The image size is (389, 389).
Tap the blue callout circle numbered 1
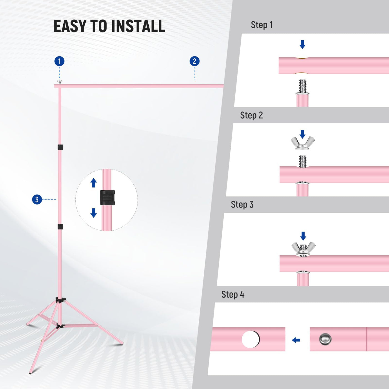pyautogui.click(x=59, y=61)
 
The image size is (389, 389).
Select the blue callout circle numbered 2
pyautogui.click(x=194, y=61)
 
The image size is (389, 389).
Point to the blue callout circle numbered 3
pyautogui.click(x=37, y=199)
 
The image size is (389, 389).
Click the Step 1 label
pyautogui.click(x=261, y=25)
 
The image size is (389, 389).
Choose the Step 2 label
pyautogui.click(x=251, y=115)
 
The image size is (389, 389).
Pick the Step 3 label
pyautogui.click(x=242, y=205)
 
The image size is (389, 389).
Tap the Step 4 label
pyautogui.click(x=233, y=295)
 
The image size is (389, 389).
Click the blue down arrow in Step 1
pyautogui.click(x=302, y=44)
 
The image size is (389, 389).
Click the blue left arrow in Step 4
pyautogui.click(x=296, y=340)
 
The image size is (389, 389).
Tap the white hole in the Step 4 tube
pyautogui.click(x=250, y=339)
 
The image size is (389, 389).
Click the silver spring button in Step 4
pyautogui.click(x=325, y=339)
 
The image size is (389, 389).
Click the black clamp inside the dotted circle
pyautogui.click(x=107, y=198)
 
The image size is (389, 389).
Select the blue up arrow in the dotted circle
pyautogui.click(x=94, y=183)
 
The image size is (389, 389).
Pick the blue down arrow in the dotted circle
pyautogui.click(x=94, y=213)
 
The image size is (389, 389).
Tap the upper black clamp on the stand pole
pyautogui.click(x=60, y=147)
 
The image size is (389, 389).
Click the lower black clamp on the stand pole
pyautogui.click(x=60, y=226)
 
